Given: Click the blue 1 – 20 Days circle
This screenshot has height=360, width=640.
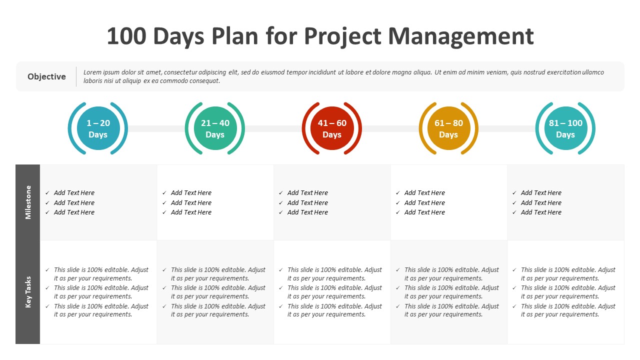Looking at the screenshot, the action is click(98, 128).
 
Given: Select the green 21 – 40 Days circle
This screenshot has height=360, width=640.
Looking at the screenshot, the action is click(215, 128).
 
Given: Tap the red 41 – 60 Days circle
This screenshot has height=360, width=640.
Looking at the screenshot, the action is click(332, 128).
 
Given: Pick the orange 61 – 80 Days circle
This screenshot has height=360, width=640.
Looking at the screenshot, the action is click(448, 128).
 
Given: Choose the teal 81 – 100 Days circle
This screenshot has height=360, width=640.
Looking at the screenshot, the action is click(565, 128).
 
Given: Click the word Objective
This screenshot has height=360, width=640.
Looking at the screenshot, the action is click(46, 76).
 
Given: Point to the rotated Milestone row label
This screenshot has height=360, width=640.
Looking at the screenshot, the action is click(28, 202).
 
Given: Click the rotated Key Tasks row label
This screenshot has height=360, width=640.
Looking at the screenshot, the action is click(28, 292).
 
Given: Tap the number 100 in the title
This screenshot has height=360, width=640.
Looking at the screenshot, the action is click(126, 36).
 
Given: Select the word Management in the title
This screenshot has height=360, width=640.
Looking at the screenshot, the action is click(461, 37).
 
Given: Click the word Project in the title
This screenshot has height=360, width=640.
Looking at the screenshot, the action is click(342, 37).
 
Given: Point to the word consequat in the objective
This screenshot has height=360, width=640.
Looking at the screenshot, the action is click(205, 81).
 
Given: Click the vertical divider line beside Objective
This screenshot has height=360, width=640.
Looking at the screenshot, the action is click(76, 76).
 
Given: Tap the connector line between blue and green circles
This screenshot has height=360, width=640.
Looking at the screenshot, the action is click(156, 128).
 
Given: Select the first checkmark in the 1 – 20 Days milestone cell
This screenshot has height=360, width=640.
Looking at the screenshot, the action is click(47, 193).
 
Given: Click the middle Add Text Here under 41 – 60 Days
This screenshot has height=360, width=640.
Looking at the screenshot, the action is click(307, 202).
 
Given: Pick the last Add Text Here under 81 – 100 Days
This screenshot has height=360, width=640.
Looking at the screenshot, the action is click(541, 212).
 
